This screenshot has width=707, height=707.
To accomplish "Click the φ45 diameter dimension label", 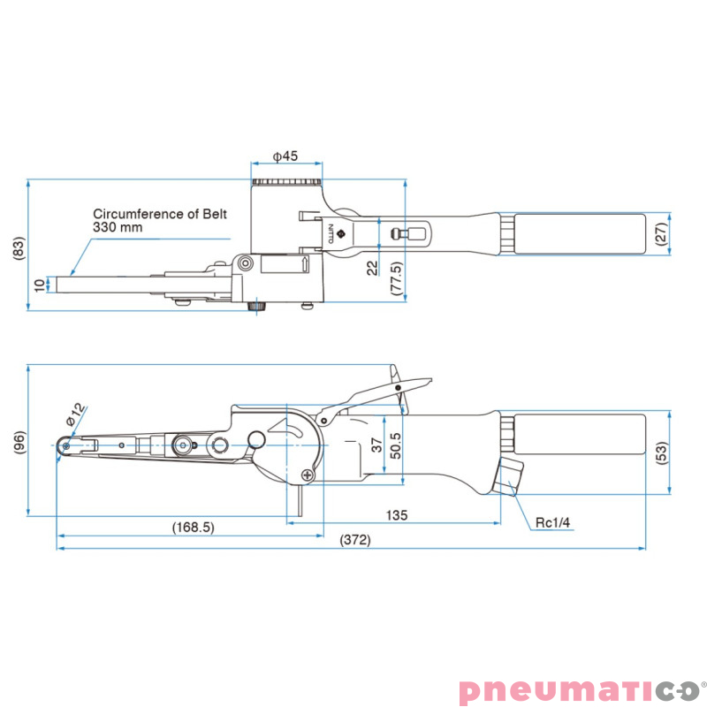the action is point(285,156).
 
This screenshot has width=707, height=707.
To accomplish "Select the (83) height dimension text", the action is point(19,247).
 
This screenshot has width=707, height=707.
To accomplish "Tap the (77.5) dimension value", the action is point(396,278).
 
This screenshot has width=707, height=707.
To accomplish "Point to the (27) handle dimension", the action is point(661,233).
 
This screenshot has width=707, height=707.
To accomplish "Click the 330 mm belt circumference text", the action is point(118,227).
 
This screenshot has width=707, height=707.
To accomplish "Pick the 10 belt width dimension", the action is point(40,285).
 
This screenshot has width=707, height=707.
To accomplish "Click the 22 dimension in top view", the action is point(372,268).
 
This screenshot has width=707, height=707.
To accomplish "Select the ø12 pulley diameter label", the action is point(75,414).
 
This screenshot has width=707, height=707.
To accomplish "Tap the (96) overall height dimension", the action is point(19,443).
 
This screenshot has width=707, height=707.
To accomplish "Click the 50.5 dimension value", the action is point(395,445).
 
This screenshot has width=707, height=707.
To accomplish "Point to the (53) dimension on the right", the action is point(661,454).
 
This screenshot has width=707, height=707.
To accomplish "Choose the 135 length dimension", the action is point(397,515).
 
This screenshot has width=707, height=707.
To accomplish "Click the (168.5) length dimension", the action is point(194,527).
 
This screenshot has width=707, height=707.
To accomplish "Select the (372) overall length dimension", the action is point(355,540).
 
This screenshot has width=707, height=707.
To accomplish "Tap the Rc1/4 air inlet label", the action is point(552,522).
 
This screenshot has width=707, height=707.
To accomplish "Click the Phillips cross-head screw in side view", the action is point(308,475).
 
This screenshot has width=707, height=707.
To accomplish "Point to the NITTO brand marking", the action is point(331,233).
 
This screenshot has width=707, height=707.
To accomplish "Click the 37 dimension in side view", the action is point(377,445).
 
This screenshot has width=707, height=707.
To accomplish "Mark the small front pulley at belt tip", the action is point(65,445).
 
